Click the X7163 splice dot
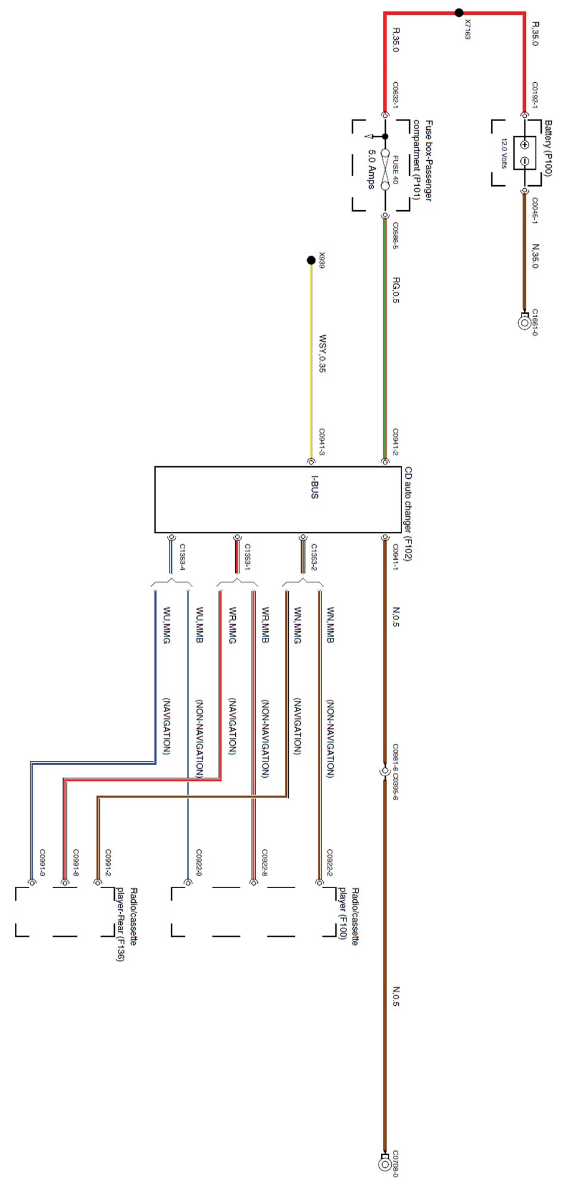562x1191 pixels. click(458, 13)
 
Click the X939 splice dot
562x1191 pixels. click(311, 260)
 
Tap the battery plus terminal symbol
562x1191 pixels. click(524, 145)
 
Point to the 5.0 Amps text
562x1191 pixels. click(371, 169)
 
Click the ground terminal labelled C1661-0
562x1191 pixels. click(524, 323)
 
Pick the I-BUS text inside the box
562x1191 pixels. click(314, 487)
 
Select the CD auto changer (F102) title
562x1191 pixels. click(408, 513)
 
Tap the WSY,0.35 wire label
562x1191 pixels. click(322, 354)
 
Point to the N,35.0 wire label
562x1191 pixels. click(535, 256)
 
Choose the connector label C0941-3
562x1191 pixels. click(322, 442)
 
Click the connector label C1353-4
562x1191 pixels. click(183, 557)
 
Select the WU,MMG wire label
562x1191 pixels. click(167, 626)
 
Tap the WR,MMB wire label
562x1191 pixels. click(265, 626)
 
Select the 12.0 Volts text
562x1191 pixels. click(504, 154)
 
